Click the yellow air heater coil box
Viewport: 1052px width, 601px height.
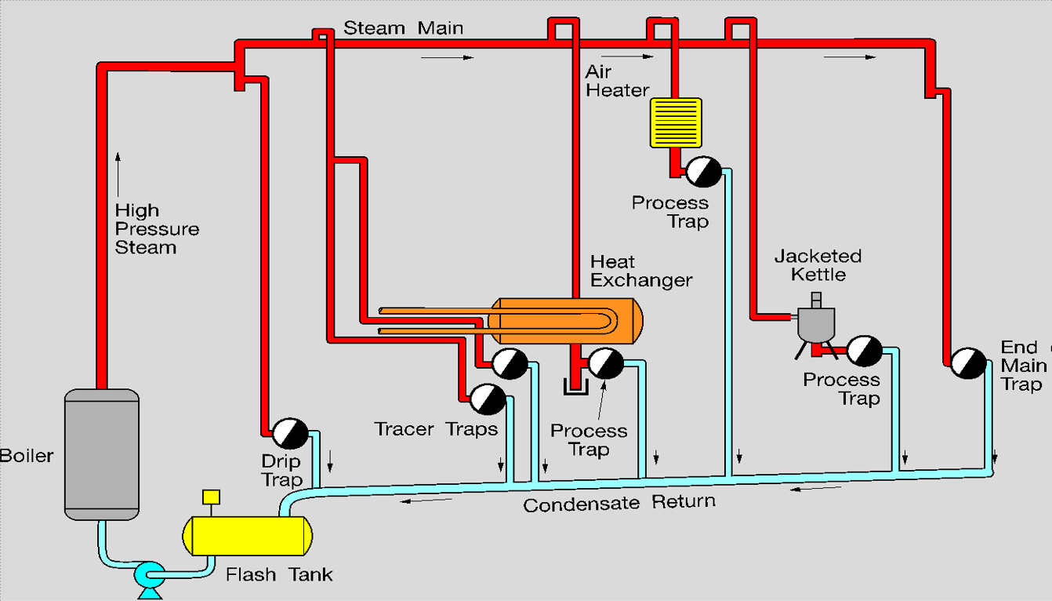pyautogui.click(x=676, y=122)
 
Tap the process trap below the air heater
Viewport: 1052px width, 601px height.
pyautogui.click(x=703, y=171)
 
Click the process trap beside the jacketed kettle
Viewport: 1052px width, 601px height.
pyautogui.click(x=864, y=351)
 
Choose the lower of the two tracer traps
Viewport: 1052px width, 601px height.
pyautogui.click(x=488, y=399)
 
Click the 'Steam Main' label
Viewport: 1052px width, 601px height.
pyautogui.click(x=404, y=29)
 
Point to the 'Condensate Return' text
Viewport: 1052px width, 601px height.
pyautogui.click(x=619, y=503)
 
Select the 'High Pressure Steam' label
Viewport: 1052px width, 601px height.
pyautogui.click(x=156, y=229)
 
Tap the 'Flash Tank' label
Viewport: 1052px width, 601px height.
pyautogui.click(x=279, y=575)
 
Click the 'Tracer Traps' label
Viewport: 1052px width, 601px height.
pyautogui.click(x=436, y=429)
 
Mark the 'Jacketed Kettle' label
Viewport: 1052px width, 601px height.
pyautogui.click(x=818, y=265)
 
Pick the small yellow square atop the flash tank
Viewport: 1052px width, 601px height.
pyautogui.click(x=211, y=497)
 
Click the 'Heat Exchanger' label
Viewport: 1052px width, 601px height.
pyautogui.click(x=641, y=271)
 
